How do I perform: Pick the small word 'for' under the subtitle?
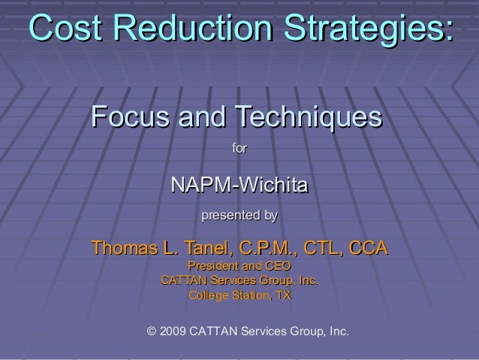click(239, 150)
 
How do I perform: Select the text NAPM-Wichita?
click(239, 185)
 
